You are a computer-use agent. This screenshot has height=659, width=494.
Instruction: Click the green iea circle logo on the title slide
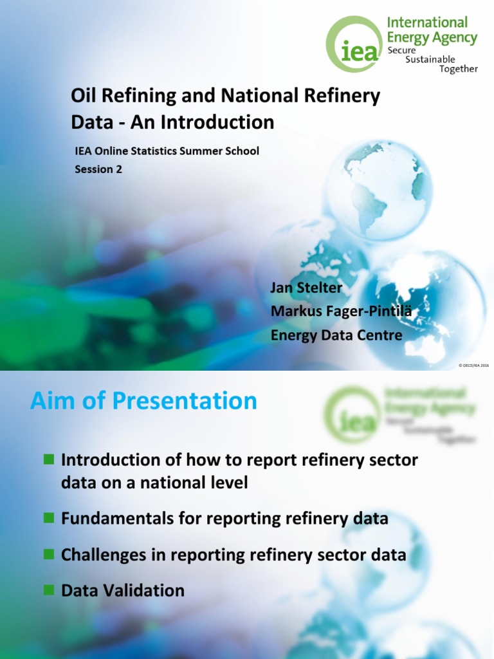coord(354,44)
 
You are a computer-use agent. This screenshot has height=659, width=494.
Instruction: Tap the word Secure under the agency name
coord(401,50)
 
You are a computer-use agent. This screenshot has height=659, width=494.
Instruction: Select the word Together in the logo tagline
coord(458,69)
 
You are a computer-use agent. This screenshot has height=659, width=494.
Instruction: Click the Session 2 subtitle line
coord(98,170)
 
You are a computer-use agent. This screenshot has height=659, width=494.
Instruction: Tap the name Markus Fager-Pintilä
coord(341,311)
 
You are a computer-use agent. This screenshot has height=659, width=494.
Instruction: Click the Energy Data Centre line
coord(336,335)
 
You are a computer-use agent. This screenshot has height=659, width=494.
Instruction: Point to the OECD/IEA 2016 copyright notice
coord(473,365)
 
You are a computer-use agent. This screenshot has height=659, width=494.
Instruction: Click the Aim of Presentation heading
coord(143,401)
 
